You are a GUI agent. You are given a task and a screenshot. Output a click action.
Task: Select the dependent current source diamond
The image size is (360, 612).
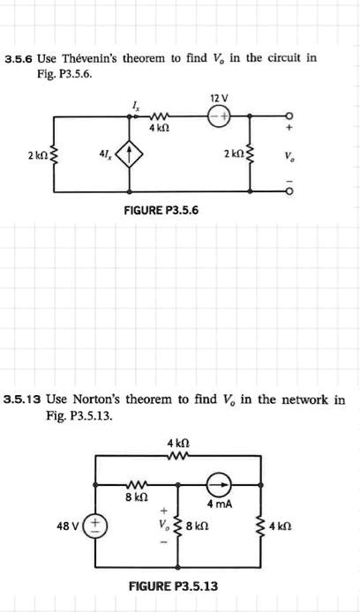pyautogui.click(x=131, y=155)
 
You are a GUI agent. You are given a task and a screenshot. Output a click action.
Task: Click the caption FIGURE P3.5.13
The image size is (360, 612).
pyautogui.click(x=174, y=586)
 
